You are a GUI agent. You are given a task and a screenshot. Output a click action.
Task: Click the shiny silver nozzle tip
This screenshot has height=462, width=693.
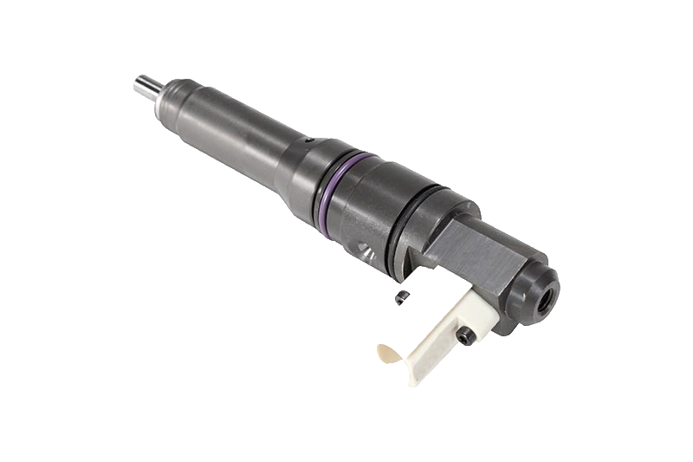pos(146,85)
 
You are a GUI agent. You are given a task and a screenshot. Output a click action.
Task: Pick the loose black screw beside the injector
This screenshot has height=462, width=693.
pos(400,299)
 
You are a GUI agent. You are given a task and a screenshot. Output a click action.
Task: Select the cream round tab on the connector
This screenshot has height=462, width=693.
pos(388,354)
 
